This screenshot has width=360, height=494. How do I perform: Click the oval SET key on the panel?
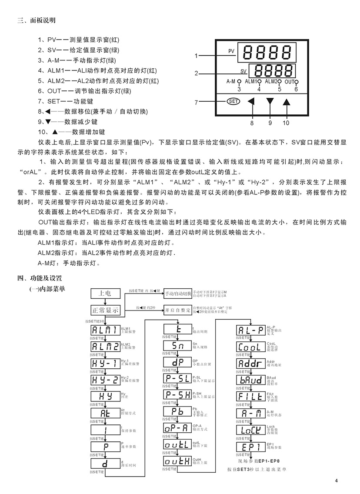point(233,101)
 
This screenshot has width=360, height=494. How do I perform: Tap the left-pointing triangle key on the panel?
point(251,102)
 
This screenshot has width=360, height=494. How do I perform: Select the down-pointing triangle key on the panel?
point(270,102)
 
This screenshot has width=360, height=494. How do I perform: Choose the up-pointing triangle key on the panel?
point(286,102)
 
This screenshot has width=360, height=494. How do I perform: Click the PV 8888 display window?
point(262,52)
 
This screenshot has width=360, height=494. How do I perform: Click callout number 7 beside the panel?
point(197,103)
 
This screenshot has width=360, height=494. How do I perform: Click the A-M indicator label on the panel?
point(231,81)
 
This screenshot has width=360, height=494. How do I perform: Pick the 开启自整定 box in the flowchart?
point(177,310)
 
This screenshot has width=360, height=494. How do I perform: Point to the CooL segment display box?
point(250,347)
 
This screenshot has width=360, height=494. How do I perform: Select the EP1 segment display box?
point(250,447)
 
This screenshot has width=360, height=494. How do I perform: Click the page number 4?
point(337,481)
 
